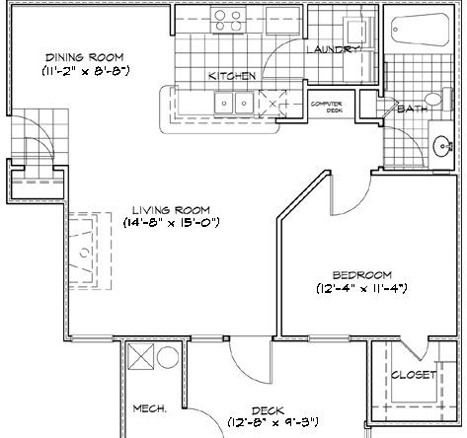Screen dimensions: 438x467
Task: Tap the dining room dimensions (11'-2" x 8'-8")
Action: (x=87, y=71)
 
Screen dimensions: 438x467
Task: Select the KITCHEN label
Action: (x=232, y=76)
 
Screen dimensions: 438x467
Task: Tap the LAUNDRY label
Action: (x=330, y=49)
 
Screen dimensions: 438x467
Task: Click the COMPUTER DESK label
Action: (x=327, y=107)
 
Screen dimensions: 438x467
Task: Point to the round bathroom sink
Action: (x=440, y=145)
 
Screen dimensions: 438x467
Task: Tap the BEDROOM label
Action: (x=361, y=274)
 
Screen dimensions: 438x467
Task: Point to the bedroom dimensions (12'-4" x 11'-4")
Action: (x=361, y=288)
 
